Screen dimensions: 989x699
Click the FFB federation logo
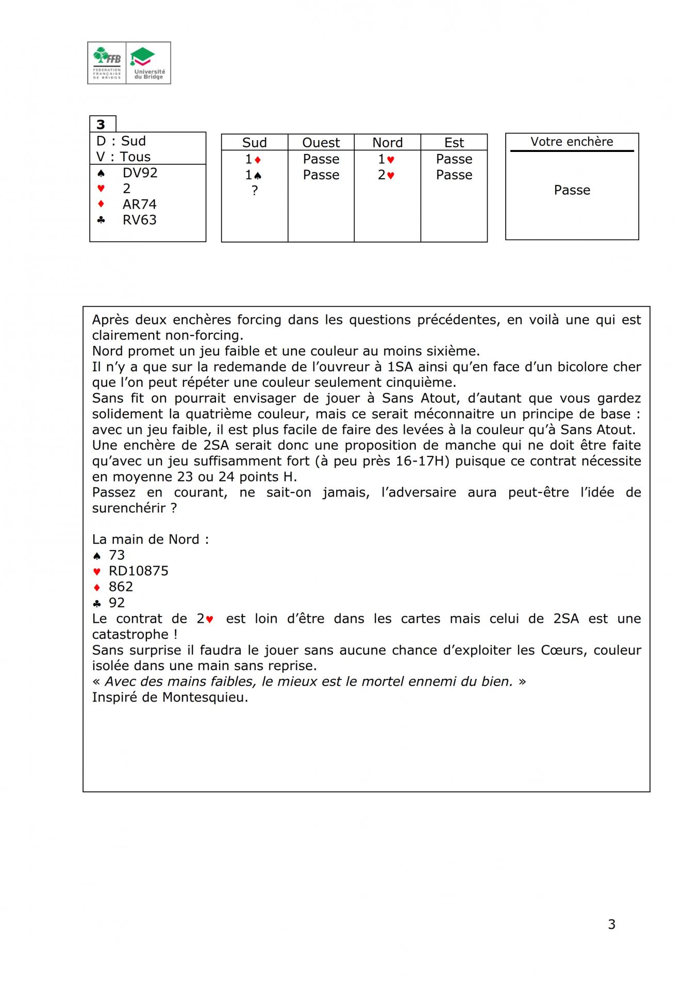[x=107, y=63]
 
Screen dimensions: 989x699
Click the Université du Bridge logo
[x=148, y=63]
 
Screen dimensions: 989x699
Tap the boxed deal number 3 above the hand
[x=101, y=125]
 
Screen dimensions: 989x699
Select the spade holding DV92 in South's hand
[x=140, y=173]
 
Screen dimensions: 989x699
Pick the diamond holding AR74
[x=139, y=204]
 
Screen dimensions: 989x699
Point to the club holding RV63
[x=139, y=220]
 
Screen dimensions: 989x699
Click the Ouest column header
[x=321, y=143]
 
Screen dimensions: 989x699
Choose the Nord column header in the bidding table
[x=387, y=143]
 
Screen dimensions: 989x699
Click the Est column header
[x=454, y=143]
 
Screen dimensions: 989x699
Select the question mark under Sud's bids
[x=254, y=191]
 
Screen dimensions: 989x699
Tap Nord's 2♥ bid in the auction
[x=386, y=175]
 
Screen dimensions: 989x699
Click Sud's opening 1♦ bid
[x=253, y=159]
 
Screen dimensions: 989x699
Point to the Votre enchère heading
[x=572, y=142]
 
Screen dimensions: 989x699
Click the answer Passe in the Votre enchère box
[x=572, y=190]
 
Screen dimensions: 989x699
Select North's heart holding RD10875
[x=138, y=571]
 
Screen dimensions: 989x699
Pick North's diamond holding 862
[x=121, y=587]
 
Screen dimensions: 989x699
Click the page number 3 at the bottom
[x=611, y=925]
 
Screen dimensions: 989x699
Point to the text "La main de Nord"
[x=150, y=539]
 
